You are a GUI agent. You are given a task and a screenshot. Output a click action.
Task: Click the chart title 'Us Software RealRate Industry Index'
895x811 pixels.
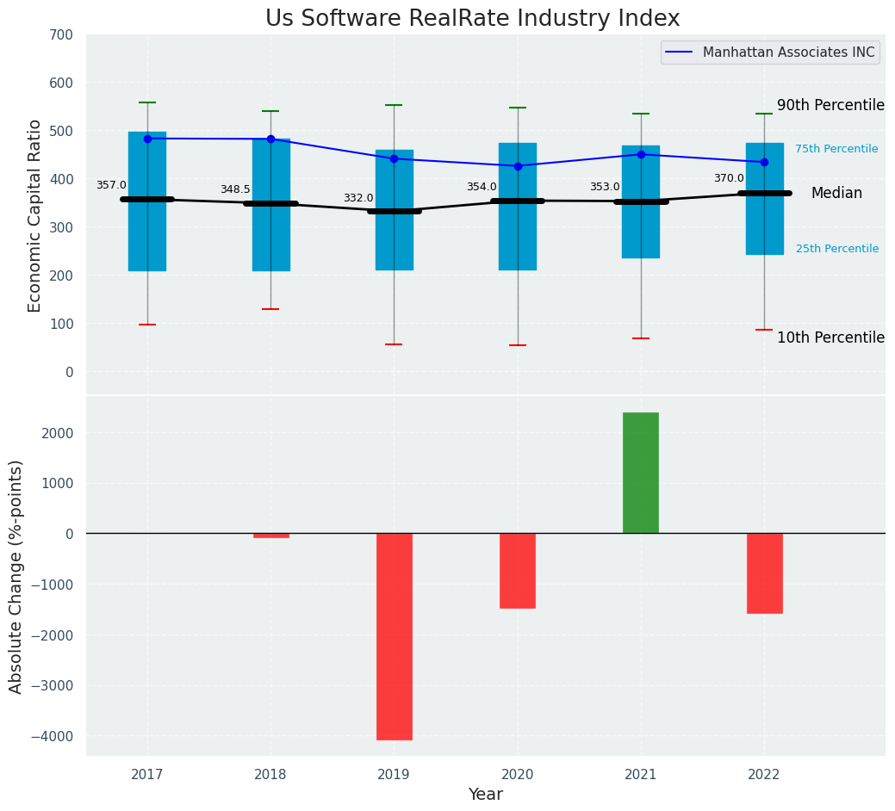[x=472, y=19]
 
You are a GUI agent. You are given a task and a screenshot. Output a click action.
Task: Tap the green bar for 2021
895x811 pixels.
[x=641, y=473]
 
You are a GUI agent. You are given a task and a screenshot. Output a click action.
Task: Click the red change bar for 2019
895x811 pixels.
[x=395, y=636]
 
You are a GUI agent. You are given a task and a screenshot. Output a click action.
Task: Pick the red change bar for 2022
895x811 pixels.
[x=764, y=573]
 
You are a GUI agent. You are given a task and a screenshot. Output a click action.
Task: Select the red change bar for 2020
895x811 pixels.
[x=518, y=571]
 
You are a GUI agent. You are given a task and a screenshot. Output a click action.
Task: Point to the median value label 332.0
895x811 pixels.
[x=358, y=198]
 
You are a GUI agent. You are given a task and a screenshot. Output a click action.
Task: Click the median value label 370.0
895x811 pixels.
[x=729, y=178]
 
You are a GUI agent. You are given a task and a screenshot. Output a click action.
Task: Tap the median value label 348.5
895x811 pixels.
[x=235, y=189]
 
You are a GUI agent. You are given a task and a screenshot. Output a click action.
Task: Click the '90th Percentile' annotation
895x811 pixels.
[x=830, y=105]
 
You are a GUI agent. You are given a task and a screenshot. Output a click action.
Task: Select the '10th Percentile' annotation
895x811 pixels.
[x=830, y=337]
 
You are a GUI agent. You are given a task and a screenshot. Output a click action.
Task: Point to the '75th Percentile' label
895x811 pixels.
[x=836, y=149]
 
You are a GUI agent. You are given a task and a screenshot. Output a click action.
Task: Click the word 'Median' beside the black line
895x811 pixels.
[x=836, y=194]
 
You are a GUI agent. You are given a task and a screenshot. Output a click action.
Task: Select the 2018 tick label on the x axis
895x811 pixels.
[x=270, y=775]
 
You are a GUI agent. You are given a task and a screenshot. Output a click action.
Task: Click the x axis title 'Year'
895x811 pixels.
[x=486, y=795]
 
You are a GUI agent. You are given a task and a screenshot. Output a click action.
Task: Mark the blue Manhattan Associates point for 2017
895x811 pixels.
[x=147, y=139]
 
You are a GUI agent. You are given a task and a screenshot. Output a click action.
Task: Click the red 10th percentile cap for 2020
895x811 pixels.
[x=518, y=345]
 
